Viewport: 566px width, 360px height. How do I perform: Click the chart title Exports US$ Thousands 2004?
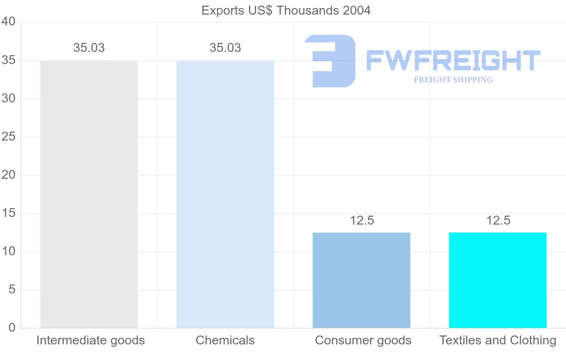[286, 10]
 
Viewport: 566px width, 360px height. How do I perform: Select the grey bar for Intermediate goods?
[89, 194]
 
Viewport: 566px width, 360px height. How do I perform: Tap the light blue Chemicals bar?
[225, 194]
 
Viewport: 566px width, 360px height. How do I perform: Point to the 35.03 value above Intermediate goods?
[89, 48]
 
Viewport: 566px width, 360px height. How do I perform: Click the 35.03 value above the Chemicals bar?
[225, 48]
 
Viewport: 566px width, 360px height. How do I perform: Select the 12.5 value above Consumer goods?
[362, 220]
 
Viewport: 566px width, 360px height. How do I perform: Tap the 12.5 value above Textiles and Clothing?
[498, 220]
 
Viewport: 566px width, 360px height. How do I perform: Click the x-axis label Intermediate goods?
[91, 340]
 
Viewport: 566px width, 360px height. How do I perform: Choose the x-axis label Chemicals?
[225, 340]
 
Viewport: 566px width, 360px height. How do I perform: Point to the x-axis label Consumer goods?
[363, 340]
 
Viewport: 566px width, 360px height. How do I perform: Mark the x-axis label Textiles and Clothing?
[498, 340]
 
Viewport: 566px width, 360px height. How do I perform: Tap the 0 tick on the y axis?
[12, 328]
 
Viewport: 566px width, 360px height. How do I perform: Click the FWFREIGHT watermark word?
[453, 61]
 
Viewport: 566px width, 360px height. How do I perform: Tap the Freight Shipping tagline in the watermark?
[453, 80]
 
